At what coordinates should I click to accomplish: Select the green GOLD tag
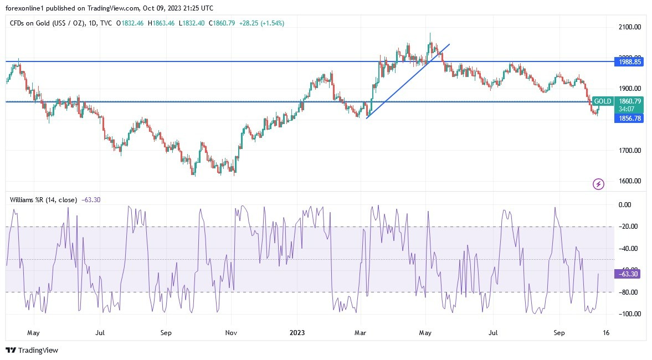(x=602, y=101)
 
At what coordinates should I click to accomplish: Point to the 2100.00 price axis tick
(x=630, y=27)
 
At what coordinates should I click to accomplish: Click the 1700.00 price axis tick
(x=630, y=150)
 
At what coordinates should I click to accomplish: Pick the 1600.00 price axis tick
(x=630, y=181)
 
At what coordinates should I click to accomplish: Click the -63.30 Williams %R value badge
(x=629, y=274)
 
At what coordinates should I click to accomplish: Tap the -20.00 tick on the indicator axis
(x=630, y=227)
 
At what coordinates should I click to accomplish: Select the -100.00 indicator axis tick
(x=629, y=314)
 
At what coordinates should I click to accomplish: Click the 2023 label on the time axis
(x=297, y=333)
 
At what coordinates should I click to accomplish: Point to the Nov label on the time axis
(x=232, y=333)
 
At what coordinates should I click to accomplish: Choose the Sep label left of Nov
(x=166, y=333)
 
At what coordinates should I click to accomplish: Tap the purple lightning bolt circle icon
(x=598, y=184)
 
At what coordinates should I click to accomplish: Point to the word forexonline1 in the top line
(x=25, y=8)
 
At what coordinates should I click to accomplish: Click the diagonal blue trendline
(x=408, y=81)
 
